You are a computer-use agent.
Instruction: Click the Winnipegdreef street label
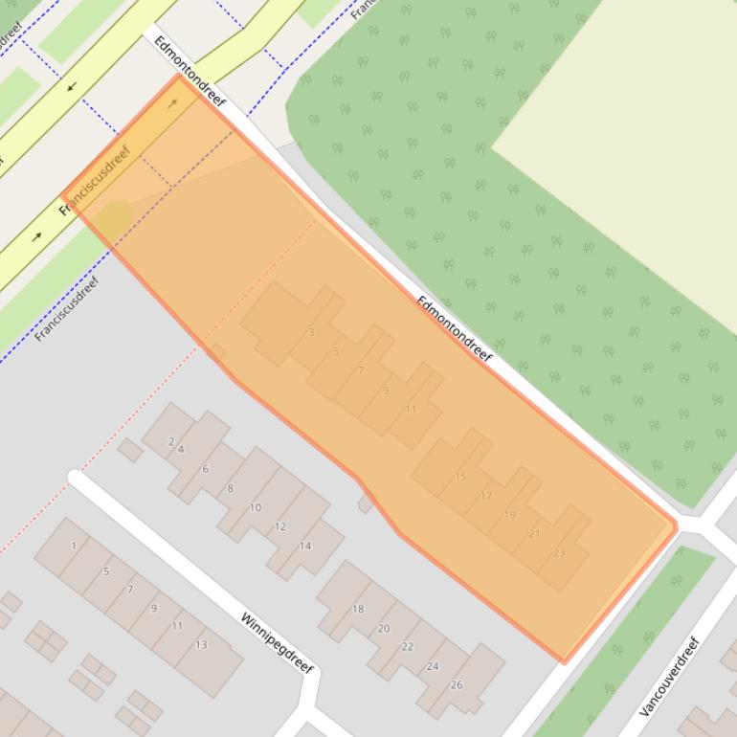(x=278, y=643)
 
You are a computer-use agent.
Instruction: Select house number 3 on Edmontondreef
(x=311, y=333)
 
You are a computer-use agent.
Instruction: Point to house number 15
(x=460, y=477)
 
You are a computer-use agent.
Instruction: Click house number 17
(x=486, y=496)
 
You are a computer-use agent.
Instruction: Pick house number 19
(x=509, y=515)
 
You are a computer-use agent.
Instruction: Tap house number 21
(x=534, y=534)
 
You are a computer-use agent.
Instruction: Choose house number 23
(x=559, y=553)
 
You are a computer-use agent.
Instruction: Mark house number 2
(x=171, y=441)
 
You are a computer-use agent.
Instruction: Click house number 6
(x=205, y=469)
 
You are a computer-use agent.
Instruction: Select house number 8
(x=230, y=489)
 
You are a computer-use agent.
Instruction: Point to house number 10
(x=255, y=508)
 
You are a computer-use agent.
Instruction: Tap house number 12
(x=280, y=527)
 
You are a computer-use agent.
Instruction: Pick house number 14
(x=305, y=547)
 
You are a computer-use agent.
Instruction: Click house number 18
(x=358, y=609)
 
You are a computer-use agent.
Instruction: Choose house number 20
(x=384, y=629)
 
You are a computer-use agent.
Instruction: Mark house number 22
(x=408, y=647)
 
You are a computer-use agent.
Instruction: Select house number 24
(x=433, y=666)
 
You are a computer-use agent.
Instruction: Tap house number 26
(x=457, y=684)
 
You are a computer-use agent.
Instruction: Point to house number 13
(x=201, y=645)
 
